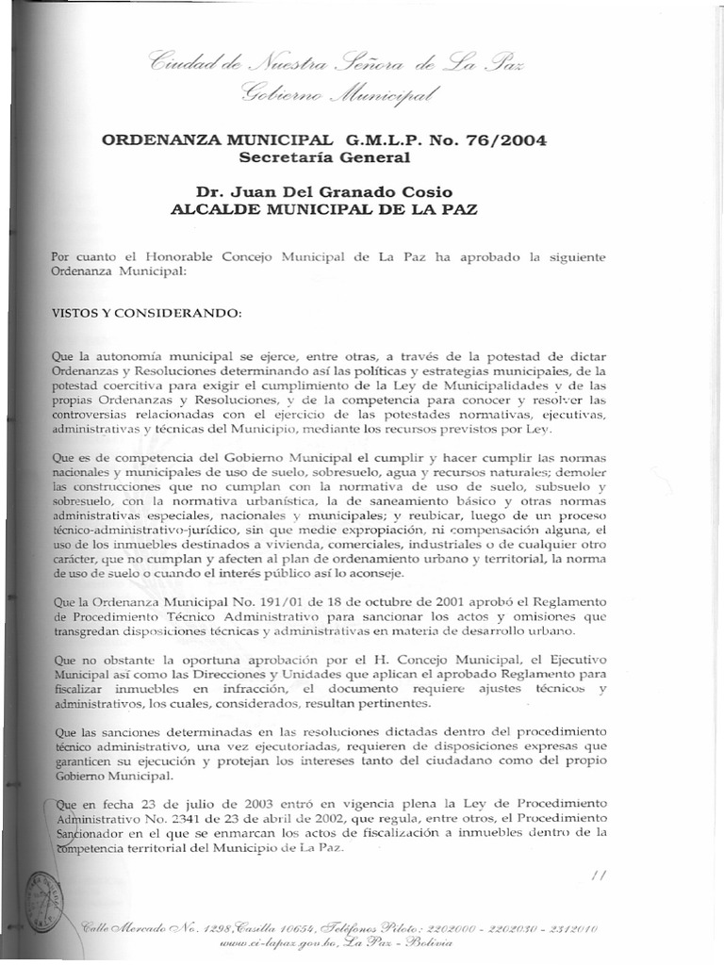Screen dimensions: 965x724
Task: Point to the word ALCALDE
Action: point(215,209)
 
